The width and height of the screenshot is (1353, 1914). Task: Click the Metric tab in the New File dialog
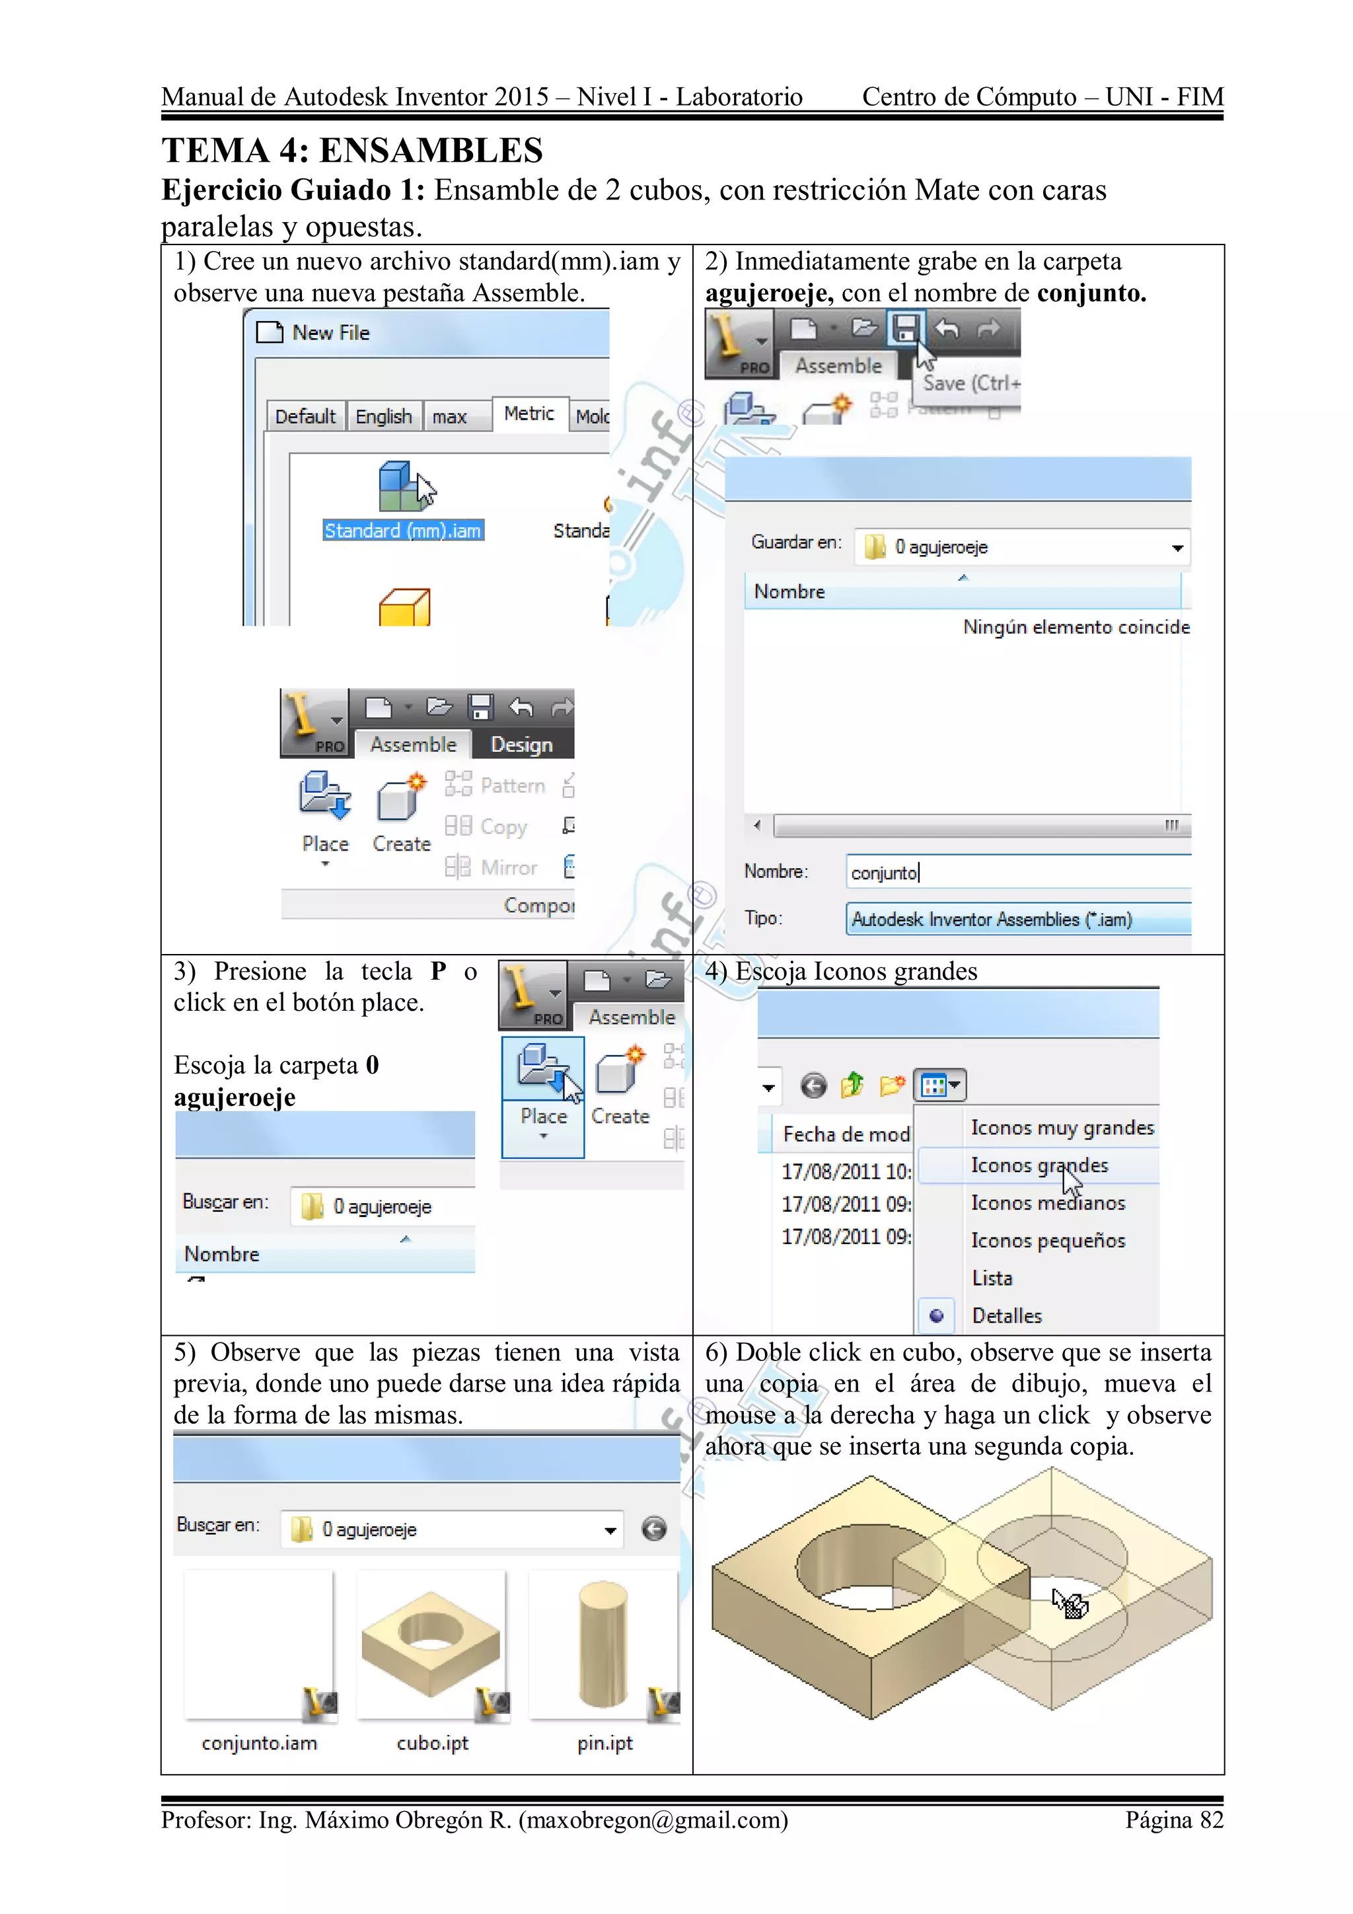click(529, 414)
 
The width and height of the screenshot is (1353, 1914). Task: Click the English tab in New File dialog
click(383, 417)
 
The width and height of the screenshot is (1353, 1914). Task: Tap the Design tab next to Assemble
click(521, 745)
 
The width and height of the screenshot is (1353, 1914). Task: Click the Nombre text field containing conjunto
click(1017, 873)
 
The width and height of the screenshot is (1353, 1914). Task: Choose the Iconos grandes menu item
click(1039, 1165)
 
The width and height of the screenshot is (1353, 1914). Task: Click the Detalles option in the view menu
click(1006, 1316)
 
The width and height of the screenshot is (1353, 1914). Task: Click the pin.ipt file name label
click(604, 1743)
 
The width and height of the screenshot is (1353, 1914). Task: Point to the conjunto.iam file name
click(259, 1743)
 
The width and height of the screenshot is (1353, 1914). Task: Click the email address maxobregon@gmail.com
click(653, 1820)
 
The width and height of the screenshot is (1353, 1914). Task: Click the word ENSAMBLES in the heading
click(431, 151)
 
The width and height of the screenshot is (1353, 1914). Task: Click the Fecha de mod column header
click(846, 1134)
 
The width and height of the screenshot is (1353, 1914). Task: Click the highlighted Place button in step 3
click(542, 1095)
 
